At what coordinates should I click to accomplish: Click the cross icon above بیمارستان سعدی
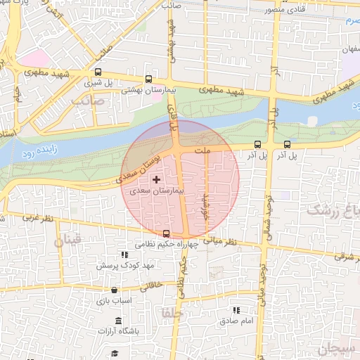point(155,181)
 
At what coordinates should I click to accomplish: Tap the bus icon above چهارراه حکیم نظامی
point(166,233)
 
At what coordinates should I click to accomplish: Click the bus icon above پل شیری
point(98,72)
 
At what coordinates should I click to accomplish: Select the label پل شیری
point(98,83)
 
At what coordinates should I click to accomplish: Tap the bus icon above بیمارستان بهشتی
point(148,79)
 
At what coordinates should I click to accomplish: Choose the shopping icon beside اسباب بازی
point(115,288)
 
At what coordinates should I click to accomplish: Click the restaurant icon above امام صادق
point(236,309)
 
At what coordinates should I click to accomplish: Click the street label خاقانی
point(155,286)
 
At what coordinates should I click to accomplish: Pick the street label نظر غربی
point(32,218)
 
